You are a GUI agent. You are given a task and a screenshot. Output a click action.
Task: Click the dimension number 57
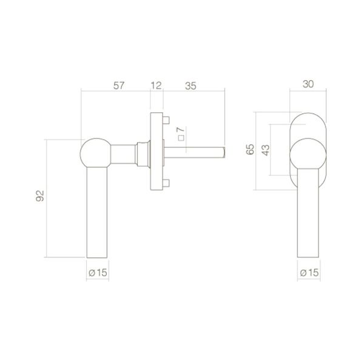point(119,86)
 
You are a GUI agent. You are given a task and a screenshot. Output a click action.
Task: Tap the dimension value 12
point(156,86)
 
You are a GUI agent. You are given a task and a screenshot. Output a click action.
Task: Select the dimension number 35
point(191,86)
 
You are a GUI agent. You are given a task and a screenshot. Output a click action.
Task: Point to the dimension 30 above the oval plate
point(308,84)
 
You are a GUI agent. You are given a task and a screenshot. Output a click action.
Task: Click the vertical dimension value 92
point(40,196)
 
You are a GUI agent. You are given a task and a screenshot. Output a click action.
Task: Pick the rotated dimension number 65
point(250,149)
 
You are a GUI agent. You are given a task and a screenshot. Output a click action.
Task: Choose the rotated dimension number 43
point(266,150)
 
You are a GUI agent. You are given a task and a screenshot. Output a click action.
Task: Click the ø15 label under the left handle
point(98,273)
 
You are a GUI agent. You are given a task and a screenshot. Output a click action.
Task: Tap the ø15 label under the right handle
point(309,273)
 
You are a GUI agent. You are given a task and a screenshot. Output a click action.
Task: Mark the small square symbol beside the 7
point(181,138)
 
